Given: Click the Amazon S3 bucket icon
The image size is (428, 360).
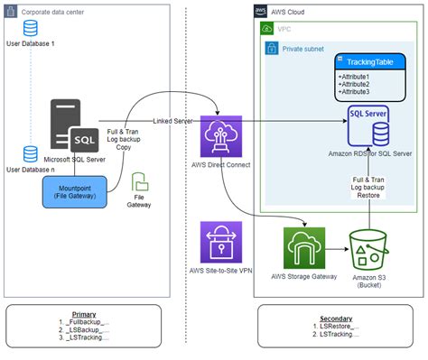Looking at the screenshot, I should pyautogui.click(x=369, y=249).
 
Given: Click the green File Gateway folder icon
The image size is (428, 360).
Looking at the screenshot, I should pyautogui.click(x=139, y=181).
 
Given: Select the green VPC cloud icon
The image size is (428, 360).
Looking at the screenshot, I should pyautogui.click(x=268, y=28).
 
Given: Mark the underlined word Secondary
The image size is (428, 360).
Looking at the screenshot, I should pyautogui.click(x=336, y=318).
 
